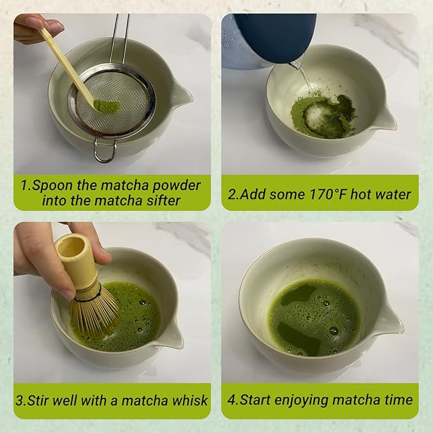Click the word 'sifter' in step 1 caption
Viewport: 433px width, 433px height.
click(x=162, y=200)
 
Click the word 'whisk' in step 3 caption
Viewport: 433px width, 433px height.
click(x=190, y=401)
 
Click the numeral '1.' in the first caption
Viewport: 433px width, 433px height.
click(x=26, y=186)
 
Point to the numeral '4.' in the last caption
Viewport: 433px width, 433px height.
click(x=233, y=401)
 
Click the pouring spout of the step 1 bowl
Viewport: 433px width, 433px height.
click(x=182, y=96)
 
